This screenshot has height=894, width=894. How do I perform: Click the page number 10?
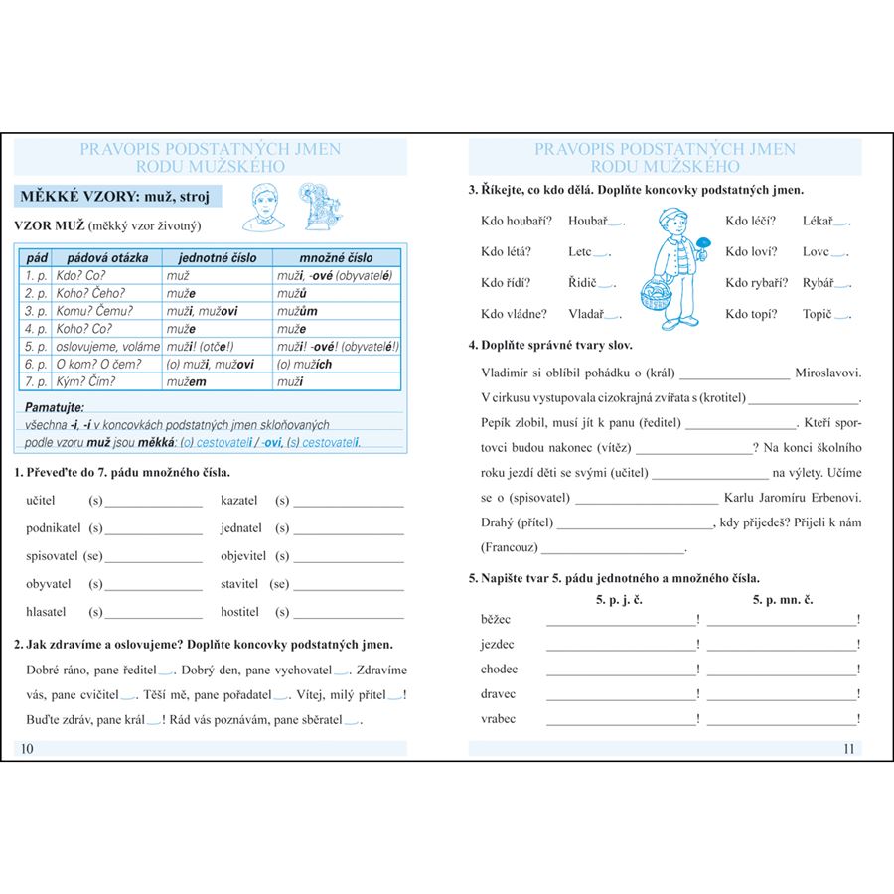27,749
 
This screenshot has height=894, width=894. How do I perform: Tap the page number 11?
848,749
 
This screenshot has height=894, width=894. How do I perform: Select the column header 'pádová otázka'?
108,257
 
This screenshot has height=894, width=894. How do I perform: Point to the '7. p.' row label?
36,381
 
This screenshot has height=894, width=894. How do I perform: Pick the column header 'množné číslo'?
337,257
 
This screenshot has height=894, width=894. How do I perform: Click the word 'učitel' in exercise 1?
41,500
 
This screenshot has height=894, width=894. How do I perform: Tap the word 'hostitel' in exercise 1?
240,612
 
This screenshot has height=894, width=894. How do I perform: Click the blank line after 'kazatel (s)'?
349,502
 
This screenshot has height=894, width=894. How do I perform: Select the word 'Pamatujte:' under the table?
56,407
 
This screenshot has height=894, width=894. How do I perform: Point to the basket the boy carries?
655,295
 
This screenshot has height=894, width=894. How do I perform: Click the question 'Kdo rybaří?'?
757,283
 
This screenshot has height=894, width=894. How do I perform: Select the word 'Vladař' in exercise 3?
586,314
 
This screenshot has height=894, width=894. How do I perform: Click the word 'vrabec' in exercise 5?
498,718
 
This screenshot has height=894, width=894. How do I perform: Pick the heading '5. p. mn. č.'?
783,600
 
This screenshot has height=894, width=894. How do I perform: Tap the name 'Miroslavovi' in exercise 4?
827,373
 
